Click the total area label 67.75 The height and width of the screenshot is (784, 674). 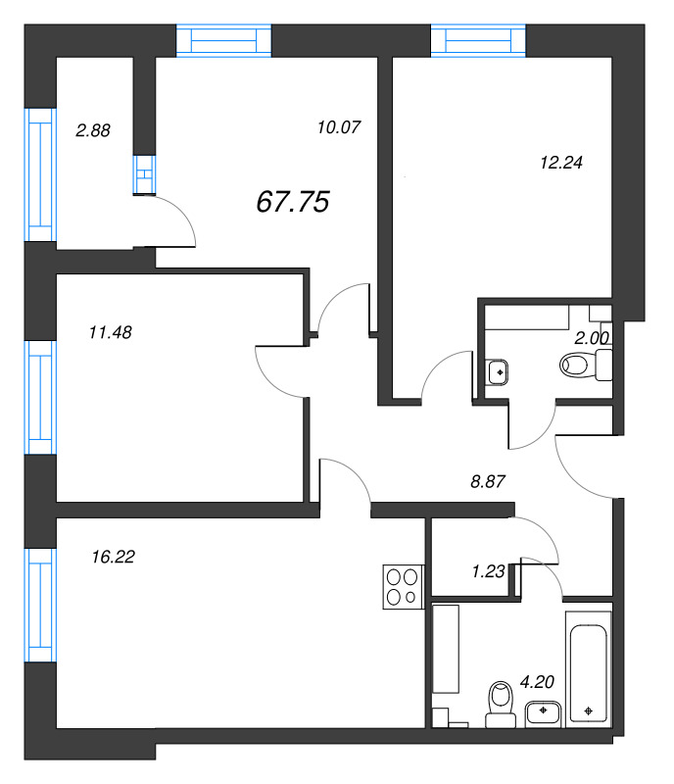(292, 202)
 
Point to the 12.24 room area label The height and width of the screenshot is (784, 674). (561, 164)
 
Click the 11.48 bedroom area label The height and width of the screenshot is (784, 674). (110, 332)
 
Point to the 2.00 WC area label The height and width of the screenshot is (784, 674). (592, 337)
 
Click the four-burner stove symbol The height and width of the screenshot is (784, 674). (402, 588)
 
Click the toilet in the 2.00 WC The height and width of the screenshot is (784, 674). (584, 367)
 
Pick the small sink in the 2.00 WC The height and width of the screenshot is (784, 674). (497, 371)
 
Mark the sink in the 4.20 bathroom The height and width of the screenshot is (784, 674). (542, 713)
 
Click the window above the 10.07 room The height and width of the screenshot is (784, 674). (223, 41)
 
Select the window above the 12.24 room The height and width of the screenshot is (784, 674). (479, 41)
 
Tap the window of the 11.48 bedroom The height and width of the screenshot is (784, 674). (39, 397)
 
